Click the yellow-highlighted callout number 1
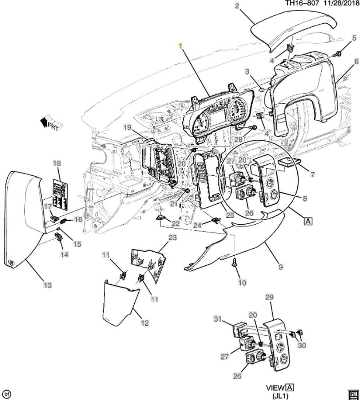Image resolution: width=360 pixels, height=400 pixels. click(180, 46)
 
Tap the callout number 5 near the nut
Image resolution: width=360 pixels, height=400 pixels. click(353, 38)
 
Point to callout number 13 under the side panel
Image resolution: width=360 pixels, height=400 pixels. click(48, 285)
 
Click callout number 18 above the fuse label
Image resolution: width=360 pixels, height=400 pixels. click(57, 163)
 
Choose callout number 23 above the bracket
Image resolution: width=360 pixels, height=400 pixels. click(172, 238)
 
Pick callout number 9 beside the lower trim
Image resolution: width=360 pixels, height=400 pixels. click(281, 267)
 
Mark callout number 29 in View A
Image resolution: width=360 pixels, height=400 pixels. click(269, 297)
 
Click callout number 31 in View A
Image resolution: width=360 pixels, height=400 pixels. click(218, 319)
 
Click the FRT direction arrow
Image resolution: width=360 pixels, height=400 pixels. click(51, 123)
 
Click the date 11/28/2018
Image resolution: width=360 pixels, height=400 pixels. click(340, 3)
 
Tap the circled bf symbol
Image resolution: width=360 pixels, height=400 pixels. click(7, 394)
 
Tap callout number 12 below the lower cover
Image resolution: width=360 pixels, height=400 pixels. click(145, 323)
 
